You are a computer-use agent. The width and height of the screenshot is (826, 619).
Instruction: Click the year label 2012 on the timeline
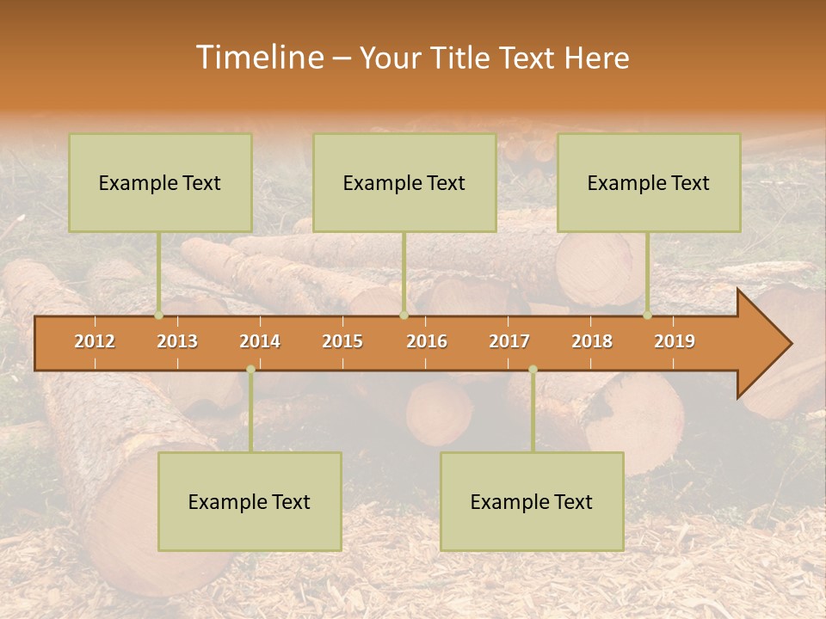95,341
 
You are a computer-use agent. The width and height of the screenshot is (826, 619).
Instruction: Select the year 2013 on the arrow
177,341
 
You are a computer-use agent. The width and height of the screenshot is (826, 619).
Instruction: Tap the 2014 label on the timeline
260,341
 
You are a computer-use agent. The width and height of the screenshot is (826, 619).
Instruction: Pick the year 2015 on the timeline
342,341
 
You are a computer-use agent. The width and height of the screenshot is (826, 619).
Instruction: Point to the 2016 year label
427,341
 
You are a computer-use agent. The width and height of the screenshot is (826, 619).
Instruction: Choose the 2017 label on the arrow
509,341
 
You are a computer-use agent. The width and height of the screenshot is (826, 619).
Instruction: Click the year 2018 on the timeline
592,341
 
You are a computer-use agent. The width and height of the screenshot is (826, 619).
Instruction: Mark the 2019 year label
675,341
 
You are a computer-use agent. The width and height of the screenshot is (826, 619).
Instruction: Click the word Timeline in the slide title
258,58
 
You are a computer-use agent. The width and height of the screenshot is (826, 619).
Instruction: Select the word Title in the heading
461,58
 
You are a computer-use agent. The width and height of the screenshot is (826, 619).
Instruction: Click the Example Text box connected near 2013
160,182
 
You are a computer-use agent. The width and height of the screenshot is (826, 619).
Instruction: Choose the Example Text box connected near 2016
404,182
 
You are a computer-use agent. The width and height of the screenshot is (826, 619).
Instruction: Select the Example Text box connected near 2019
649,182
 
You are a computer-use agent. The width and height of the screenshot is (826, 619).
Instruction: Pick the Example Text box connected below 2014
250,501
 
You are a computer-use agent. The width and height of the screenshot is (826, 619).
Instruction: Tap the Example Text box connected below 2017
532,501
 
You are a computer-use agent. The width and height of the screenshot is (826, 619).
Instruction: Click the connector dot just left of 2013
159,316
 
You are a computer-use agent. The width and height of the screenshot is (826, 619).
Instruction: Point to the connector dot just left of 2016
404,316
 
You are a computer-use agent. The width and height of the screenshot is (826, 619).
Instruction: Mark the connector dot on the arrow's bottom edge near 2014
250,370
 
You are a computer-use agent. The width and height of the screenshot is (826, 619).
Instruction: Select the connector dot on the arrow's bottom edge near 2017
533,370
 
